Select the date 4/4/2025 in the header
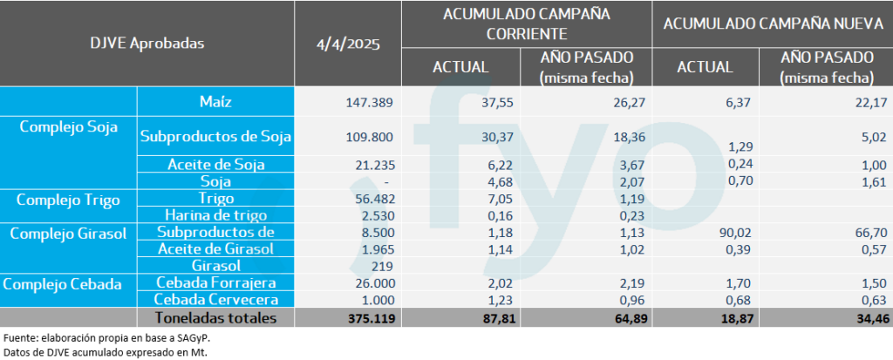[x=348, y=44]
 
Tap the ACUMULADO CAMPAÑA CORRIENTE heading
[x=526, y=24]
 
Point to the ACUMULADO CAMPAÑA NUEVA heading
[x=774, y=24]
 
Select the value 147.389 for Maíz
[x=371, y=102]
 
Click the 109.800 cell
[x=371, y=137]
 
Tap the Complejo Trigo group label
[x=68, y=199]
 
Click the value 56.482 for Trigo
[x=374, y=199]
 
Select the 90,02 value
[x=715, y=233]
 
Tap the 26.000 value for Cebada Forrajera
[x=374, y=283]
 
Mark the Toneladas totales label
[x=215, y=317]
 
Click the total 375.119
[x=370, y=318]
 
